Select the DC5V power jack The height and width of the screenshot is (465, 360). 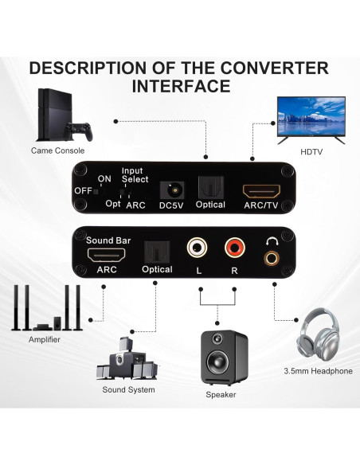170,190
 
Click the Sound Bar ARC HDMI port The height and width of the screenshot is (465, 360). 108,256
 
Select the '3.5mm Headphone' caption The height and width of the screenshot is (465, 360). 318,371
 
